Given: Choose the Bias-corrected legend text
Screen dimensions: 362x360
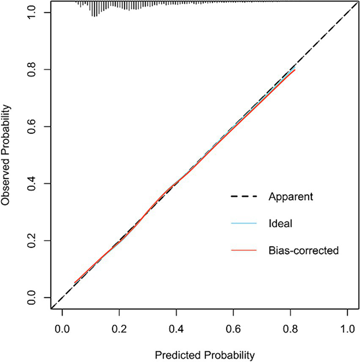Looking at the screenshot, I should click(303, 250).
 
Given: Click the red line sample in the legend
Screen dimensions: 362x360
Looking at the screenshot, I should click(244, 250).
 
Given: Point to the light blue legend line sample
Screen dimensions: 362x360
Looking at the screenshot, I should click(244, 223).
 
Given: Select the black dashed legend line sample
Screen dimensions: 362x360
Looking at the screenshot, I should click(244, 197).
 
